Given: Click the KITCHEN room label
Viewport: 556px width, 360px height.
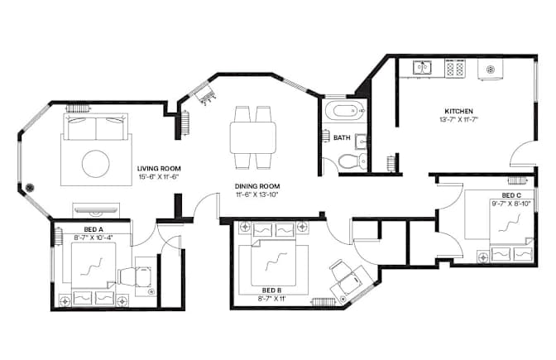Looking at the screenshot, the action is click(459, 111).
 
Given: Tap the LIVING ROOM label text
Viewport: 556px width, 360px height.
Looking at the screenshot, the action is click(159, 169).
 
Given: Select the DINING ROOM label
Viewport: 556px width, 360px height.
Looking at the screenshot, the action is click(257, 186).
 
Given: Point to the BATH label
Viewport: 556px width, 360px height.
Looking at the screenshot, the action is click(342, 137).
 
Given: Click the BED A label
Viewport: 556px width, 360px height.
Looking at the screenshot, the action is click(93, 229).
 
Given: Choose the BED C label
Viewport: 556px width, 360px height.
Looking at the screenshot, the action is click(511, 195).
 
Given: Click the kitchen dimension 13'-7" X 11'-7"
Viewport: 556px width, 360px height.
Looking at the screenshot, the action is click(459, 119).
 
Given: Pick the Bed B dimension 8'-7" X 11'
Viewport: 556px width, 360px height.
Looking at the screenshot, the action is click(272, 299).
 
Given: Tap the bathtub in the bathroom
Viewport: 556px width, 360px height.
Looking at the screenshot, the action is click(345, 111).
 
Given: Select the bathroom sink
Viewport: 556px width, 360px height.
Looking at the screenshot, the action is click(360, 142).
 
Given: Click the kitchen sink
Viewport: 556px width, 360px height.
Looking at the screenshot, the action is click(422, 67).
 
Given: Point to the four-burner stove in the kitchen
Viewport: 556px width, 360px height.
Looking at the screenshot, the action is click(455, 68).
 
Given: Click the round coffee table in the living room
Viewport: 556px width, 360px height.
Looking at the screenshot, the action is click(96, 164).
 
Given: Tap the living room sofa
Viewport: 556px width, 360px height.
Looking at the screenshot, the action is click(96, 127).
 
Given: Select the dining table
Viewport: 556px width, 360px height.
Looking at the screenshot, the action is click(253, 137).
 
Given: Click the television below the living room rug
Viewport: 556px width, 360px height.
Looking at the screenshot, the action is click(96, 211).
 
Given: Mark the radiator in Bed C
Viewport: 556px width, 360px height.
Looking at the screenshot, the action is click(518, 180).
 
